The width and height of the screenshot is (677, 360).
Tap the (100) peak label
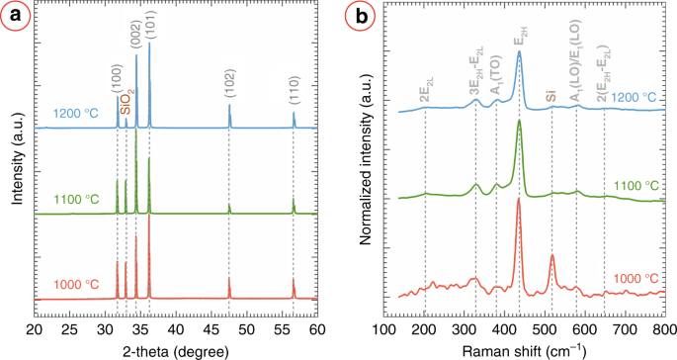[x=117, y=74]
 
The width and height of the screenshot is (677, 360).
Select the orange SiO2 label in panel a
[x=127, y=101]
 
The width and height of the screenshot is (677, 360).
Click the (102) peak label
[x=229, y=90]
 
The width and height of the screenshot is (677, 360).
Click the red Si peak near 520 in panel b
[x=552, y=260]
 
